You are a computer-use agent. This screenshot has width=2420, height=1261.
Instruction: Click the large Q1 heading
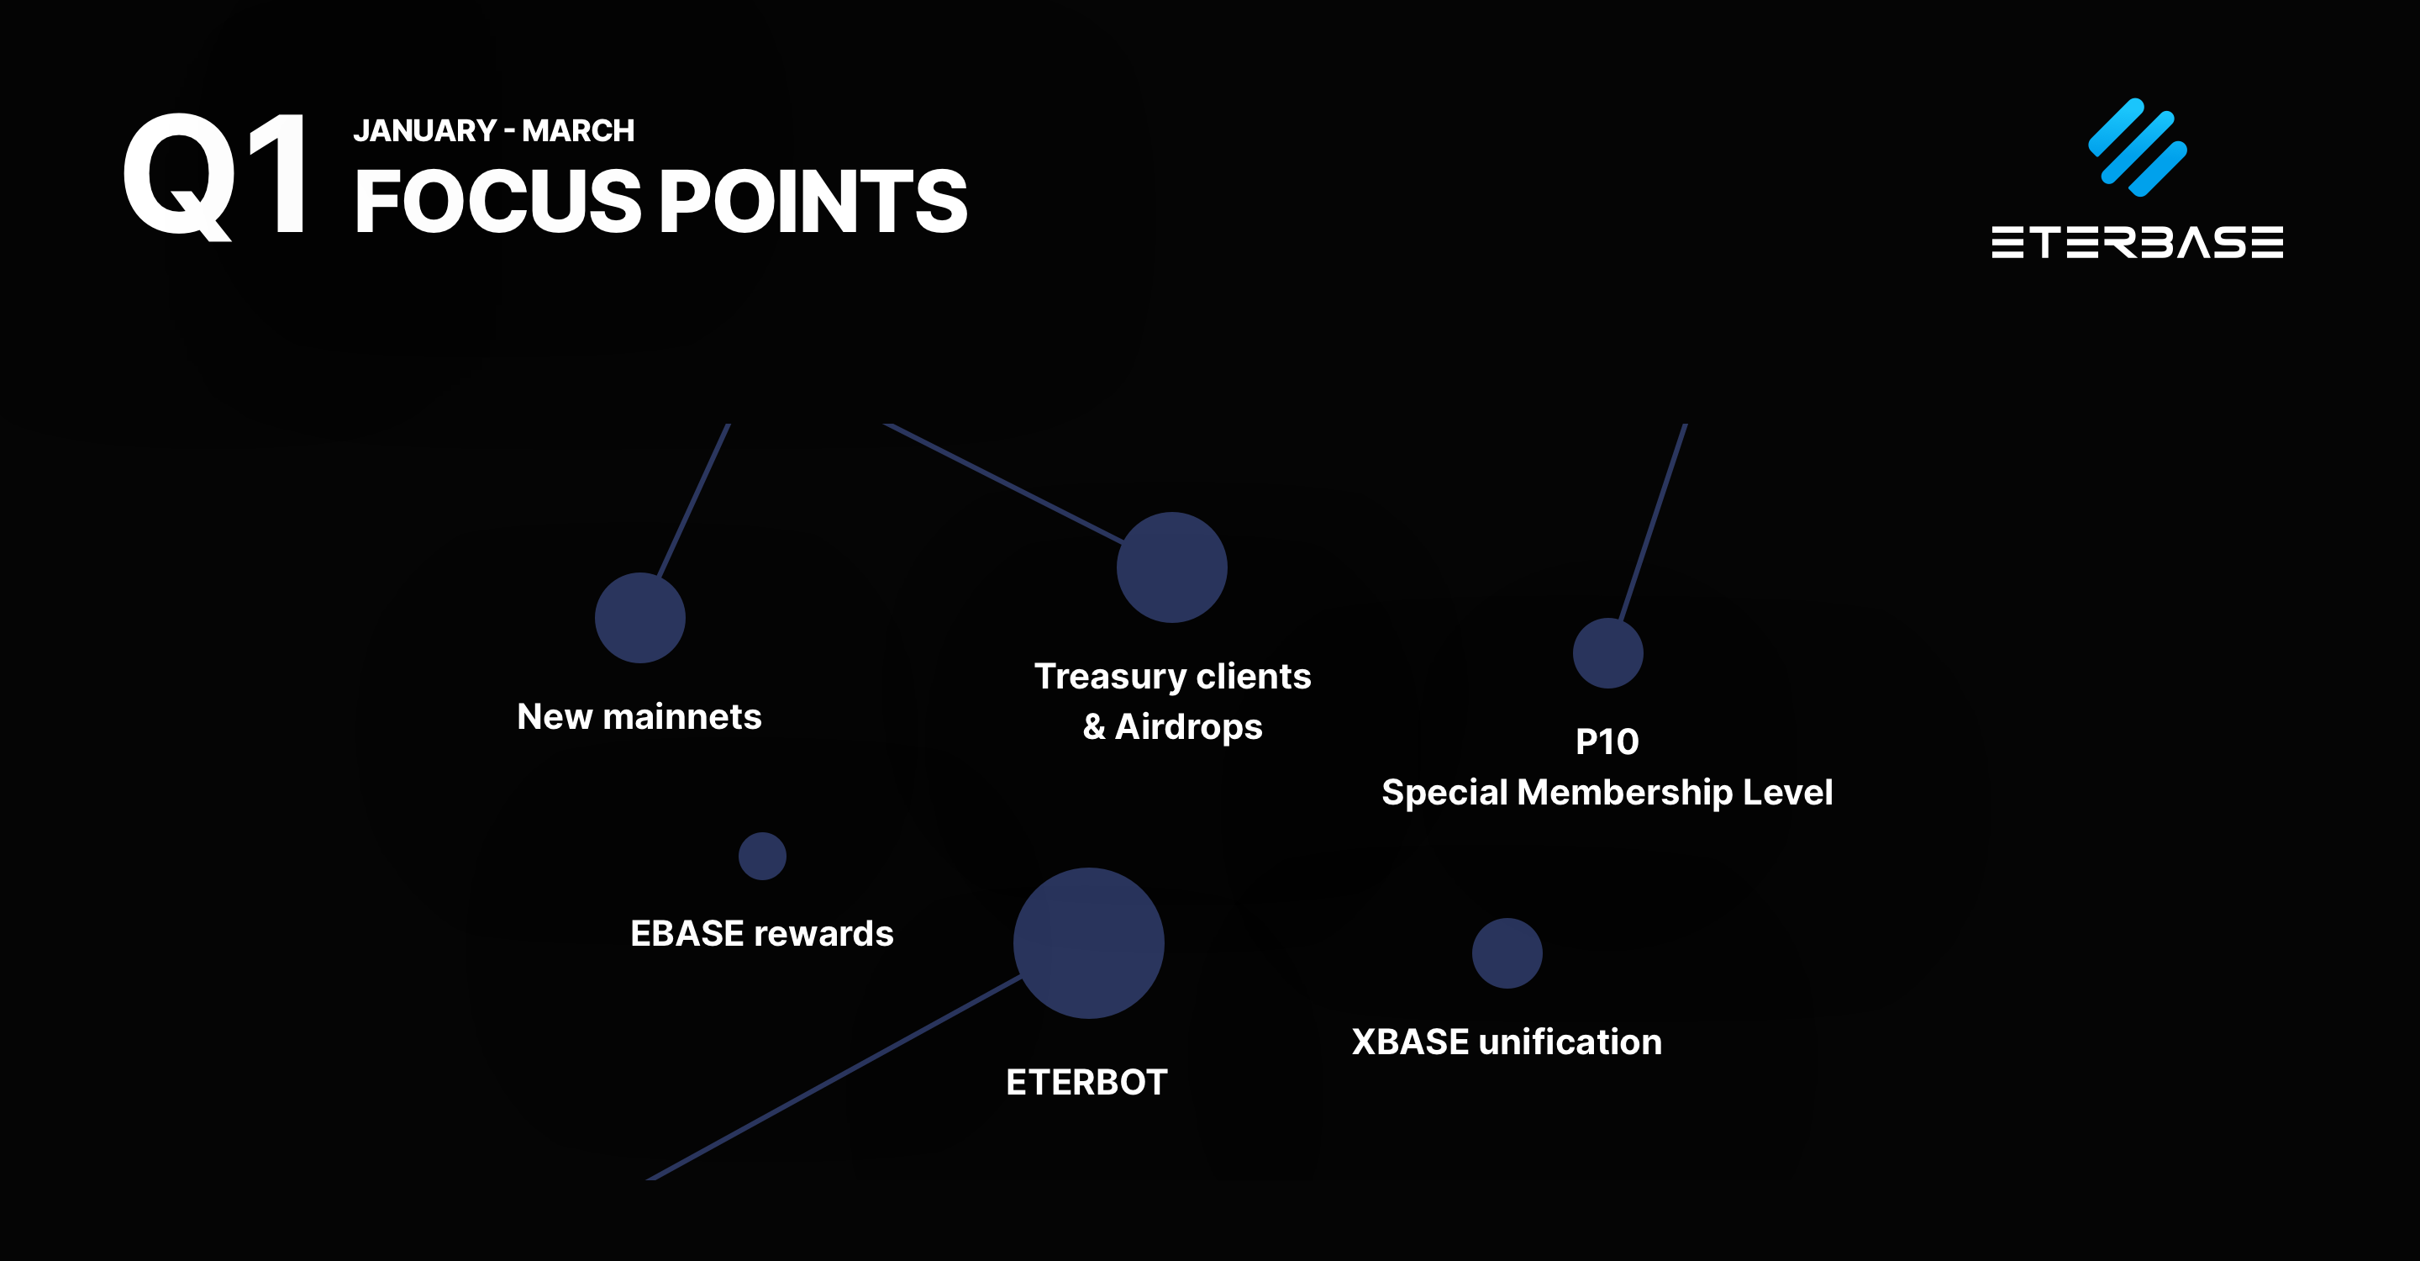click(x=216, y=176)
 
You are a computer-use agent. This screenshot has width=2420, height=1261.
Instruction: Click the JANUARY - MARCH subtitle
click(x=494, y=130)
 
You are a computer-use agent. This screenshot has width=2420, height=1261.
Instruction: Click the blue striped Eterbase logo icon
click(x=2137, y=147)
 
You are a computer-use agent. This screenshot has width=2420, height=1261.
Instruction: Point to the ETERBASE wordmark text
click(x=2137, y=242)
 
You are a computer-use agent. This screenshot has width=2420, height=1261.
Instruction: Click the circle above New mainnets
click(x=639, y=617)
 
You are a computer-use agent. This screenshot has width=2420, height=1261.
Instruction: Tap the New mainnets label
click(x=639, y=717)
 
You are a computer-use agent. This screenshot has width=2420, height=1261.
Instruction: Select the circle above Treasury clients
click(x=1171, y=567)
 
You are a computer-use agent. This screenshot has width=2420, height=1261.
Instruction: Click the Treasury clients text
click(x=1172, y=677)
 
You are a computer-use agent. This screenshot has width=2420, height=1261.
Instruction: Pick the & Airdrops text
click(x=1172, y=726)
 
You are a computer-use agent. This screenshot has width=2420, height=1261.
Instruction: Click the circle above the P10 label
click(x=1607, y=653)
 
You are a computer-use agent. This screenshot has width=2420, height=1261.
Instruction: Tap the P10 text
click(x=1607, y=742)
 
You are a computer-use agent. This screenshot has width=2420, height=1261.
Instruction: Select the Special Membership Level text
click(x=1607, y=792)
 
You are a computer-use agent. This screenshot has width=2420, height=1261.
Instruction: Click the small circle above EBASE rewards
click(x=762, y=856)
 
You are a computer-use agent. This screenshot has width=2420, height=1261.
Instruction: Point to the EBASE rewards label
click(x=762, y=934)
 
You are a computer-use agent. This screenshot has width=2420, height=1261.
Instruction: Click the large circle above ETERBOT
click(x=1088, y=942)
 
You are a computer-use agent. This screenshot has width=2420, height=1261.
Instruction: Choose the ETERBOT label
click(x=1087, y=1083)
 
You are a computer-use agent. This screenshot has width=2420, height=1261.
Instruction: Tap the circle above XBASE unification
click(x=1507, y=952)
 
